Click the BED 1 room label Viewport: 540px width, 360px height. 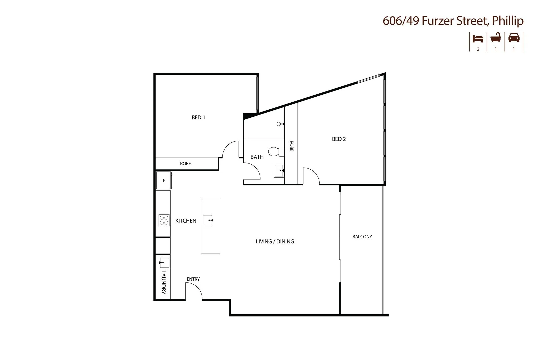point(198,117)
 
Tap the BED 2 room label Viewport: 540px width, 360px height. point(339,139)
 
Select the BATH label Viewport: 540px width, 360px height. point(257,157)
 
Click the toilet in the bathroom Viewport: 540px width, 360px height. point(275,152)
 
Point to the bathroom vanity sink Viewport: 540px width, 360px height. point(279,171)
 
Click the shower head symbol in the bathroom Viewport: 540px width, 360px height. point(279,124)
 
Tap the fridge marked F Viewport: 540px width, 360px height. point(164,181)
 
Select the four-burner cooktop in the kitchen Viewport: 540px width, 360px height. point(164,220)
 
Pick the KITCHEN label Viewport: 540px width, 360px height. point(186,221)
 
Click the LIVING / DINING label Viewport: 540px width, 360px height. point(275,241)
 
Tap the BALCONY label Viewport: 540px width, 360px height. point(362,237)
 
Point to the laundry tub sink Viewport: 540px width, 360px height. point(164,263)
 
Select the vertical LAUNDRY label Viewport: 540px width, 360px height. point(164,282)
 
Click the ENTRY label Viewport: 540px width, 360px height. point(193,279)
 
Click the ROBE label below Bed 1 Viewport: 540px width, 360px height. point(185,164)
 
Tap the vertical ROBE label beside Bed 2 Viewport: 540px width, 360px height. point(291,146)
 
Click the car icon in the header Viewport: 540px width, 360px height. point(514,38)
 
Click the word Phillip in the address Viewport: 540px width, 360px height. point(508,21)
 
